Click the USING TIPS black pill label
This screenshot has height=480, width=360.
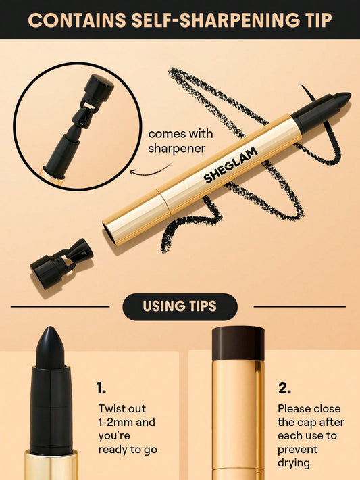180,306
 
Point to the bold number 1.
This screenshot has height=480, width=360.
101,388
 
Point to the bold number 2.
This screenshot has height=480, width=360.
284,388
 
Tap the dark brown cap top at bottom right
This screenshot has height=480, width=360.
238,342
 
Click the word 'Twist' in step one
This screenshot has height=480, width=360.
112,409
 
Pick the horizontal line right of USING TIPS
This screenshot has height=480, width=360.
299,306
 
